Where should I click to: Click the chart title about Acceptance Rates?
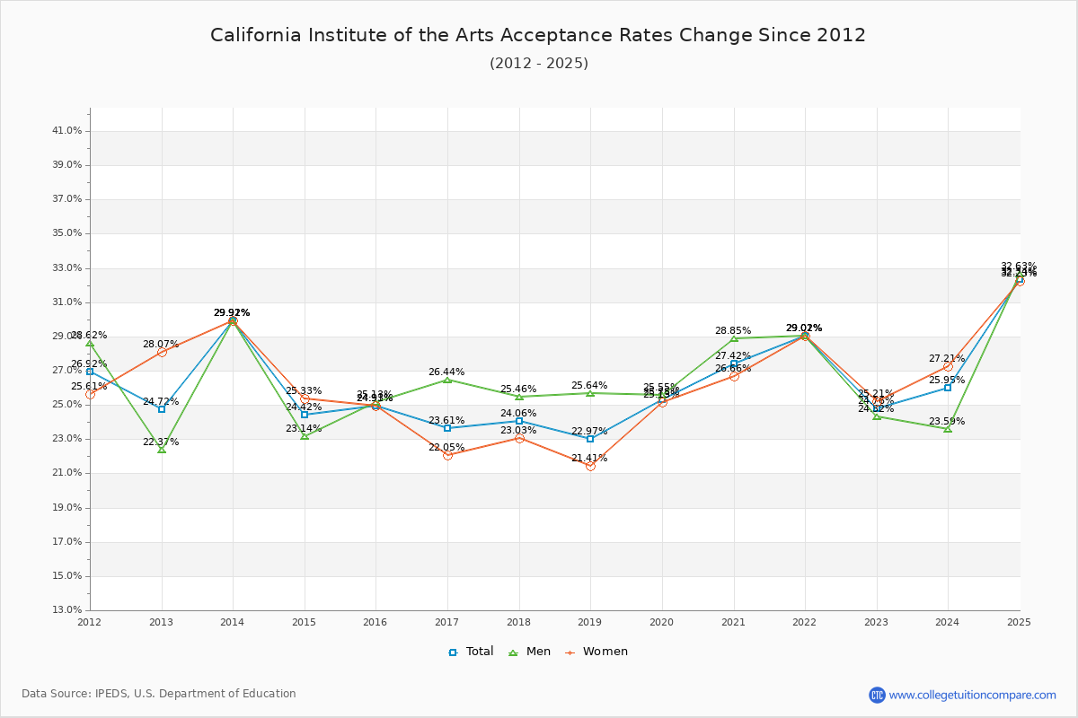(538, 35)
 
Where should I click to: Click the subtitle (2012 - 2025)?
(538, 64)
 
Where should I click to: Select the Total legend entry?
(471, 652)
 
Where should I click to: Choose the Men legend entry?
(531, 652)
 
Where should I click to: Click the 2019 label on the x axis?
(589, 622)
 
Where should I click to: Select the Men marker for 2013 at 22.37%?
(162, 450)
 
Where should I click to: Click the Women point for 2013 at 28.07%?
(162, 352)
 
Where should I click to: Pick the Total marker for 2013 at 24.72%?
(162, 409)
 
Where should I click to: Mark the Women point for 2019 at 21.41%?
(590, 466)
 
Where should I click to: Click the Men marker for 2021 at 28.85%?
(734, 338)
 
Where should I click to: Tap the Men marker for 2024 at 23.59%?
(948, 429)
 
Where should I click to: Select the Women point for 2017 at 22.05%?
(447, 455)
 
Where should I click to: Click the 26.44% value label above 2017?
(446, 372)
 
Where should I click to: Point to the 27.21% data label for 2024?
(947, 359)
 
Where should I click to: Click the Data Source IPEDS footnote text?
(159, 694)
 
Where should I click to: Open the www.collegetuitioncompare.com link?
(972, 695)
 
